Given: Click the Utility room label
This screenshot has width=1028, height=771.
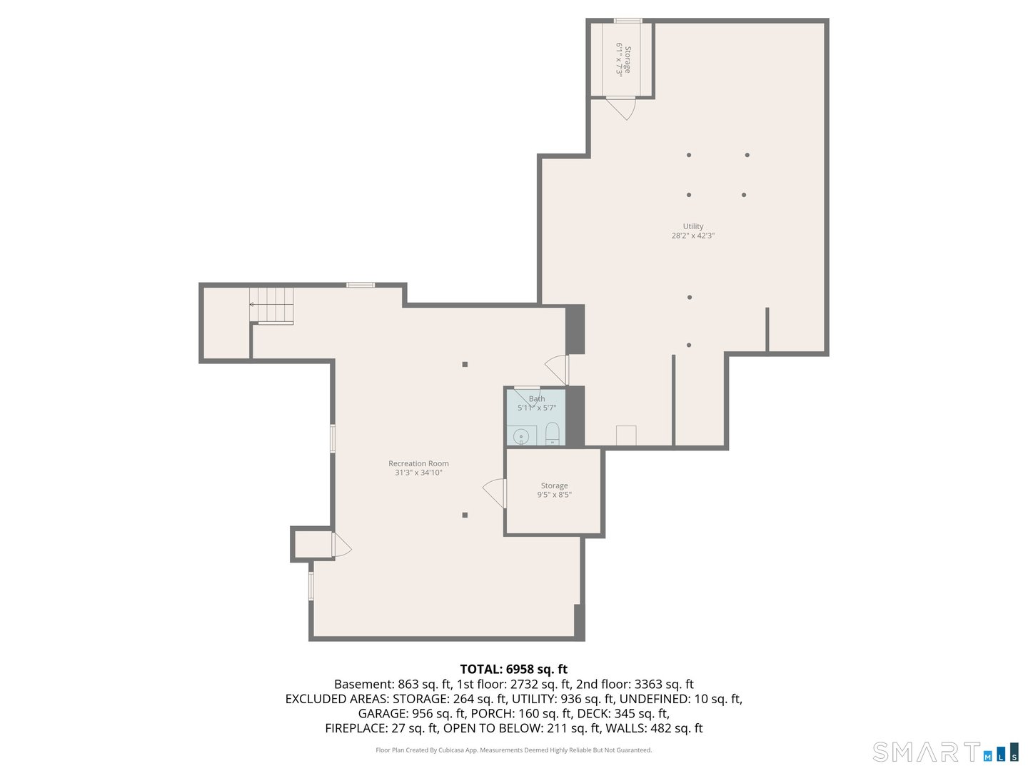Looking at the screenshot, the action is pos(692,231).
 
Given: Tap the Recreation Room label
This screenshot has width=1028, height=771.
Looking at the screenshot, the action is pos(418,468).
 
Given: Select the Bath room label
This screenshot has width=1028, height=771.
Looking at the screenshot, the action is pos(537,403).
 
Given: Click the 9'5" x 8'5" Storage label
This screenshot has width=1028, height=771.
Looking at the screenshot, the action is pos(554,490).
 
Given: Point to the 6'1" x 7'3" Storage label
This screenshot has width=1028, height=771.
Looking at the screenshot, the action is pos(623,59).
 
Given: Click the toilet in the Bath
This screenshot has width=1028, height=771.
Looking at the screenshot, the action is pos(552,433).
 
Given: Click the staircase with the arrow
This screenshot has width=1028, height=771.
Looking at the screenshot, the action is pos(271,306).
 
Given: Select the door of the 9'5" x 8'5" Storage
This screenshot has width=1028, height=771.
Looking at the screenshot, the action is pos(495,493).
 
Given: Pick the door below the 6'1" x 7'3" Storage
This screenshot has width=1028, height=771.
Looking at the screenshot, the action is pos(621,108).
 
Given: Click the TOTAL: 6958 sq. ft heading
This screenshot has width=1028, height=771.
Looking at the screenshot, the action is pos(513,669).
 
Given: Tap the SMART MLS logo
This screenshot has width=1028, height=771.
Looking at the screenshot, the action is pos(945,752).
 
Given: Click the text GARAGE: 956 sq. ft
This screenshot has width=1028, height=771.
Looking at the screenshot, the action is pos(412,713).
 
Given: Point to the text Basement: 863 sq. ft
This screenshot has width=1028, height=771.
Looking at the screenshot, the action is pos(393,685).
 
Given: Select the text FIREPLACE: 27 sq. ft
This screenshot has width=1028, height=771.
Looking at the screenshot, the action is pos(382,728).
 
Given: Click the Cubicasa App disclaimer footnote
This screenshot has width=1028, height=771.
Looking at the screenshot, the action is pos(514,750).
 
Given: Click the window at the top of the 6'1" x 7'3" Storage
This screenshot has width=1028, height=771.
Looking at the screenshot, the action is pos(628,21).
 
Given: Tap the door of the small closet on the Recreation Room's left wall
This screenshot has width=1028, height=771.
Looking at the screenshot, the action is pos(341,545).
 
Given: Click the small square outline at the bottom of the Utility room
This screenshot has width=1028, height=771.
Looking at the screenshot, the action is pos(626,435).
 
